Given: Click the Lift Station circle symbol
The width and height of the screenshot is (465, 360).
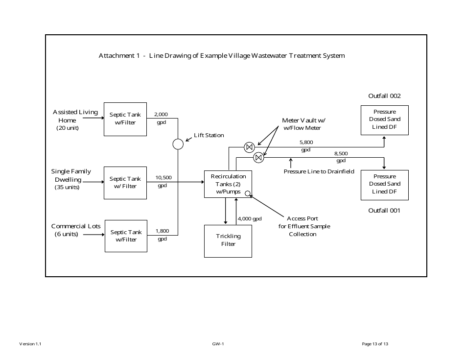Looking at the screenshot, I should (178, 144).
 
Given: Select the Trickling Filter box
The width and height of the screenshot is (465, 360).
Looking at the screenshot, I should (228, 240).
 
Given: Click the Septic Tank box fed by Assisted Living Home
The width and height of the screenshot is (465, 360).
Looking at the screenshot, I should (125, 119).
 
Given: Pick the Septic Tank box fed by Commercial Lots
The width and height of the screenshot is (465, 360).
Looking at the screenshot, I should (126, 236).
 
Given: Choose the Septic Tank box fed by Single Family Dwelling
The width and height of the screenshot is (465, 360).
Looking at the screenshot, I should (125, 183).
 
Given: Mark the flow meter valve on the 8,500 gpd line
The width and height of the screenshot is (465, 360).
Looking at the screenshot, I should (258, 158).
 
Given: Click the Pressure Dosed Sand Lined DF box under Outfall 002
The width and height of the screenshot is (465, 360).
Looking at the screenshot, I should (384, 120).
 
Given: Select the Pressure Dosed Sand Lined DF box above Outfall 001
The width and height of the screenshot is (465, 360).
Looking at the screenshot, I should (384, 184).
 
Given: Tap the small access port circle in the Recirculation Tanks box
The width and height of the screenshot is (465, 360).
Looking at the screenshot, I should (248, 193).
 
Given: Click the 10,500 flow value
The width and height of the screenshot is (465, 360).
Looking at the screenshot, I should (163, 177).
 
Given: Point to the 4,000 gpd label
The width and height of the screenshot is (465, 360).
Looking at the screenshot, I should (250, 218).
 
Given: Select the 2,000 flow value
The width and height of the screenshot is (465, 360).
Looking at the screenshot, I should (161, 114).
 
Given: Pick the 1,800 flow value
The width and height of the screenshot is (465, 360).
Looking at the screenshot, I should (162, 231).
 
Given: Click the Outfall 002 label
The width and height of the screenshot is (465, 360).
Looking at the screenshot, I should (384, 96).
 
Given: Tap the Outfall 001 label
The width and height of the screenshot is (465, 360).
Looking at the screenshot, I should (384, 210).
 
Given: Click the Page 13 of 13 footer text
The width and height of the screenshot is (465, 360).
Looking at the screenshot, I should (375, 344).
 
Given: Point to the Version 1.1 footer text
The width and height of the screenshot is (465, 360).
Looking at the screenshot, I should (30, 344).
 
